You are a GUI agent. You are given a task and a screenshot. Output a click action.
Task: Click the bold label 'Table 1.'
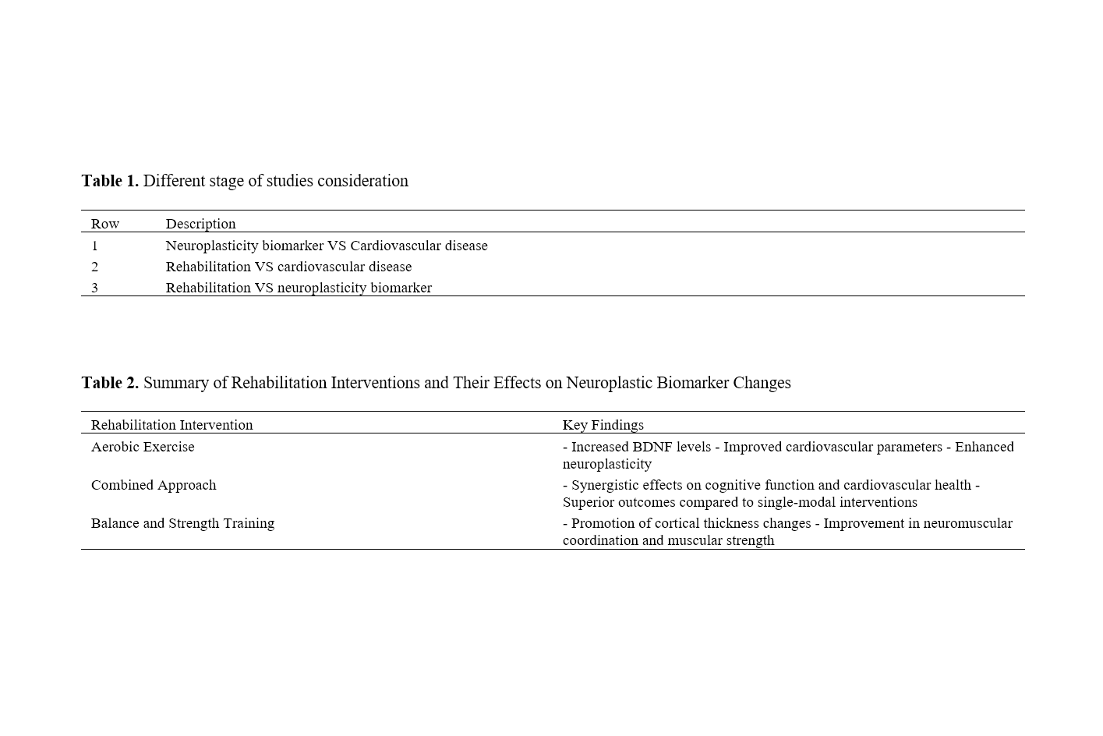point(110,181)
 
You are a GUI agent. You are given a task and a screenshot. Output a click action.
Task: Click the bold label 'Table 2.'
point(110,383)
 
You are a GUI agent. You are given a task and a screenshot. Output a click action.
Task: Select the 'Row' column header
point(105,224)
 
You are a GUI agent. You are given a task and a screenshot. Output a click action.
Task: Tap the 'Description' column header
point(200,224)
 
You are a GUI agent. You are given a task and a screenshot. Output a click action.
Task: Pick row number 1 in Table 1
point(95,246)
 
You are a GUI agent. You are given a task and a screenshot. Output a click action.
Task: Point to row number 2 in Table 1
point(95,267)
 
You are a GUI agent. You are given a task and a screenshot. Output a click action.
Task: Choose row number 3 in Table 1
point(95,288)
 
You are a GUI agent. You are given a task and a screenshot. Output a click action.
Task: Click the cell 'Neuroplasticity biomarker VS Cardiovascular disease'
point(327,246)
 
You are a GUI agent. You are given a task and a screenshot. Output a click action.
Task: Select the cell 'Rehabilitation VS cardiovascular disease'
point(288,267)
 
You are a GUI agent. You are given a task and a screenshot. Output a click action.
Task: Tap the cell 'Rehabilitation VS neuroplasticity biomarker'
point(299,288)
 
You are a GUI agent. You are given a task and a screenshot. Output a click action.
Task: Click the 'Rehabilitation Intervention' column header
point(171,425)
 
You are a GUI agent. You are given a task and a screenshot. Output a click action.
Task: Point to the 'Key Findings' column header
point(603,425)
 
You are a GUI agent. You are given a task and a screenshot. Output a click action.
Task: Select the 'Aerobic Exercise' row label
point(143,447)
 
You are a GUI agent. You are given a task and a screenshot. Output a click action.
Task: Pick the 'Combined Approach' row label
point(154,485)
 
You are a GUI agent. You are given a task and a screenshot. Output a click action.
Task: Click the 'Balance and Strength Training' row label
point(182,523)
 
